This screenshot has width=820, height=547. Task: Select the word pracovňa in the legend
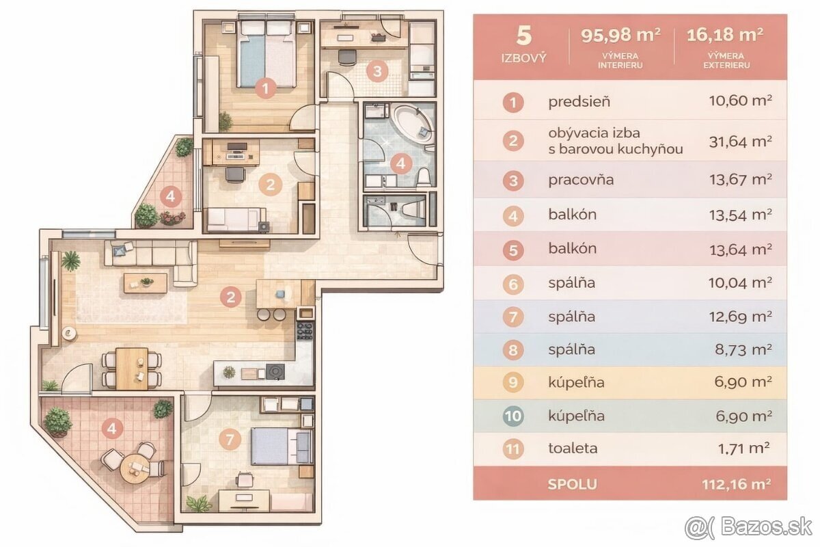click(x=581, y=181)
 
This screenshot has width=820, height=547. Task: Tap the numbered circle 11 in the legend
click(x=512, y=449)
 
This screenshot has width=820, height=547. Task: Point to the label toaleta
click(x=573, y=449)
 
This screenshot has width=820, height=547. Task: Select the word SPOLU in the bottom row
click(x=572, y=484)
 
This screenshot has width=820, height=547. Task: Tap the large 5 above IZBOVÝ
click(x=523, y=36)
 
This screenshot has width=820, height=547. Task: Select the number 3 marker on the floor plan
click(x=376, y=70)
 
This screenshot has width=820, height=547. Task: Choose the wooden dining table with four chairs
click(x=132, y=368)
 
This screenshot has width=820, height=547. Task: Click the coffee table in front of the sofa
click(x=146, y=282)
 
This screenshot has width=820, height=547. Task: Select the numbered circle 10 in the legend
click(x=512, y=416)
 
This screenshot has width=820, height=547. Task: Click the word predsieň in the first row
click(x=579, y=103)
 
